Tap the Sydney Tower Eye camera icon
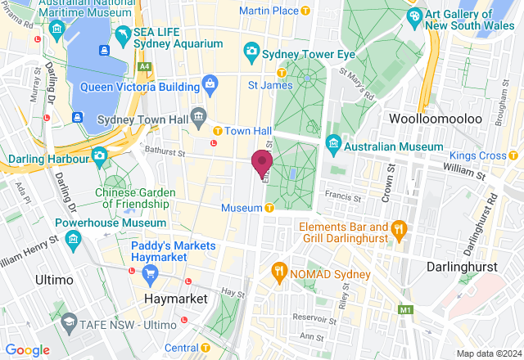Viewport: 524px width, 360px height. coord(251,52)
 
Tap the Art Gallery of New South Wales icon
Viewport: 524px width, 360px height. coord(415,16)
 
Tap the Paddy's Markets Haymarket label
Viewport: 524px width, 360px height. coord(173,251)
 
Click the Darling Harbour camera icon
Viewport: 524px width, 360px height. coord(99,155)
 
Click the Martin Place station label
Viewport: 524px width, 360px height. coord(268,10)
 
